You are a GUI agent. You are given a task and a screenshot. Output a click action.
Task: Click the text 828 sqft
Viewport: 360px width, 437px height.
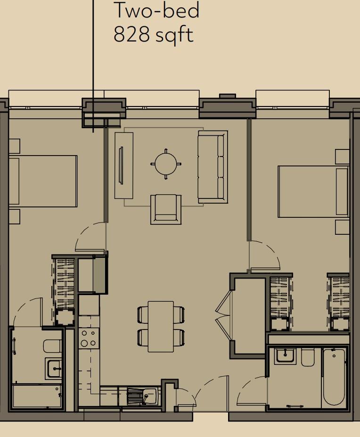[153, 34]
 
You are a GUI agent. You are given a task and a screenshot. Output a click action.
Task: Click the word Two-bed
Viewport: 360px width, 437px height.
[157, 10]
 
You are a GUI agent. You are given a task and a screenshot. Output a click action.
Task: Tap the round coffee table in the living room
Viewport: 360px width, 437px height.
[166, 164]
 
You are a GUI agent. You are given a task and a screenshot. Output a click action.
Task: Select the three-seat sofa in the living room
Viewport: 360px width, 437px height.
[213, 166]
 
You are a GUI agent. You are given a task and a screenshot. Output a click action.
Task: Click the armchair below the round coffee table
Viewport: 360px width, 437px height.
[166, 209]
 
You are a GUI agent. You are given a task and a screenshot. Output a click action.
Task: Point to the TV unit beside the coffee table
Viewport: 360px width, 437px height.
[124, 165]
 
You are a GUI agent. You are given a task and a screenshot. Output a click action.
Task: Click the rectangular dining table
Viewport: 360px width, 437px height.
[161, 326]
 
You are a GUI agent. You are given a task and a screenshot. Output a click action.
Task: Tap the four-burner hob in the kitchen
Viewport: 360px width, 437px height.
[88, 338]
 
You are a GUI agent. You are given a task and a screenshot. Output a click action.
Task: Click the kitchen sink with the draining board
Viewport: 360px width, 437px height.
[143, 396]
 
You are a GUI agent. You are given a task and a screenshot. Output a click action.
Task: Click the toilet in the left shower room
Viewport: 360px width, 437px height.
[52, 346]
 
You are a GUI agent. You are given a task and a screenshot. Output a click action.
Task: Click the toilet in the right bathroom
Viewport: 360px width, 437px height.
[308, 357]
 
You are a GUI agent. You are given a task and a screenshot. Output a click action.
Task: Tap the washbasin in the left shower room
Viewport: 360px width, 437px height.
[54, 368]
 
